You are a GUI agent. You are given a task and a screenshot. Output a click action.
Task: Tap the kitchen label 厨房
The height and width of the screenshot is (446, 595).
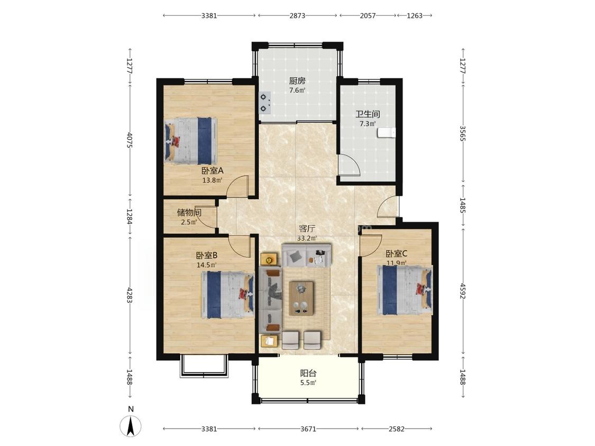(x=297, y=81)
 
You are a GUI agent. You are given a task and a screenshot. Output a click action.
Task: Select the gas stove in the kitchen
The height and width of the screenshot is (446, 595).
(x=264, y=103)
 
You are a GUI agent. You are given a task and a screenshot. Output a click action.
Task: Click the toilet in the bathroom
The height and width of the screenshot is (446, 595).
(x=386, y=132)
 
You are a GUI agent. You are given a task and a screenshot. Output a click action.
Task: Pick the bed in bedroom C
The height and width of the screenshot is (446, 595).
(x=405, y=290)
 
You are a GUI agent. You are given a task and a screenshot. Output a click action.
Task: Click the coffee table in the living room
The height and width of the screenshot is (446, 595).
(x=301, y=298)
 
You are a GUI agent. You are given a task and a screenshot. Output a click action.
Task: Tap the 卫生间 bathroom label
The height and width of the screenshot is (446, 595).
(x=368, y=114)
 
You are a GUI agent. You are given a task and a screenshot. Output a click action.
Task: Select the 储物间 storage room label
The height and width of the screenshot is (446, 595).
(x=189, y=212)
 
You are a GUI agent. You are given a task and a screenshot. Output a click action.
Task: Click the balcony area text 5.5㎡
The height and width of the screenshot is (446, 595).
(x=308, y=383)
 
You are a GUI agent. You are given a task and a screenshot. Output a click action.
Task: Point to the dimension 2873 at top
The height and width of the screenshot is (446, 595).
(x=297, y=15)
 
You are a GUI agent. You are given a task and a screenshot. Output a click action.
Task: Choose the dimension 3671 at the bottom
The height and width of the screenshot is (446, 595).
(x=308, y=429)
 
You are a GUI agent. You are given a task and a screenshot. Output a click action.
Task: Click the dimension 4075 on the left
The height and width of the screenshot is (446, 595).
(x=130, y=140)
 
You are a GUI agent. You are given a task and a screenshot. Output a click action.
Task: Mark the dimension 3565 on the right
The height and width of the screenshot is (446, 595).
(x=463, y=134)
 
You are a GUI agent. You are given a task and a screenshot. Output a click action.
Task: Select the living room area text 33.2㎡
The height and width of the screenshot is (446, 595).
(x=307, y=238)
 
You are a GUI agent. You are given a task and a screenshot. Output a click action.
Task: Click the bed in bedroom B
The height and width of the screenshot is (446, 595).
(x=227, y=295)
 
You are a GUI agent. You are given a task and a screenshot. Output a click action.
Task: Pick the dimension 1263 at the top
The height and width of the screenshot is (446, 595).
(x=414, y=15)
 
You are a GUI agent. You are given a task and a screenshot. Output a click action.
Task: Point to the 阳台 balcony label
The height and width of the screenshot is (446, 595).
(x=308, y=373)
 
